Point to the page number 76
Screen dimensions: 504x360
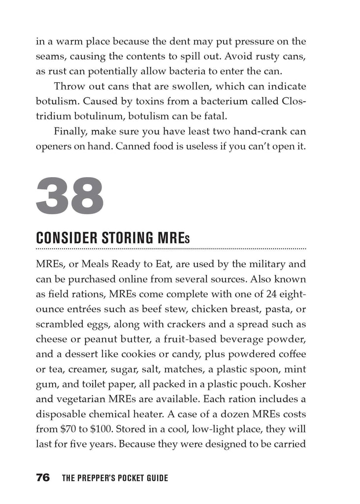tap(43, 477)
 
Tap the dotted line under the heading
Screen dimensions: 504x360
tap(171, 250)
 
